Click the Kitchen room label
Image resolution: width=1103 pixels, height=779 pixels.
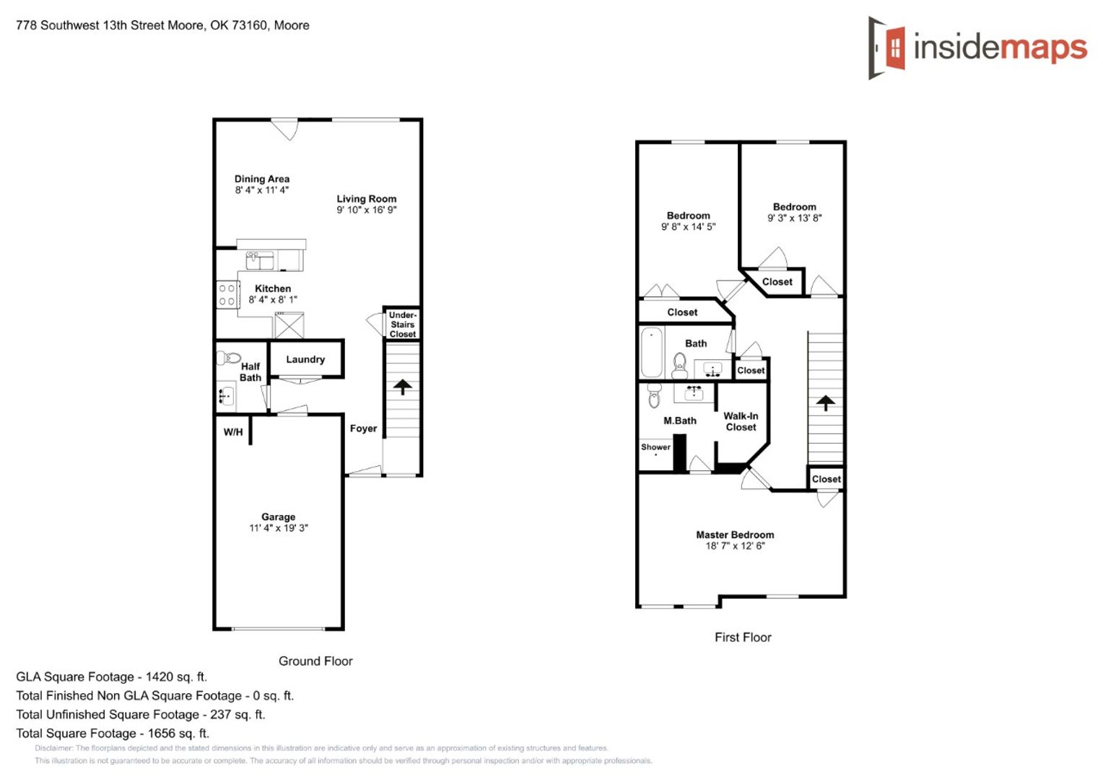pos(273,289)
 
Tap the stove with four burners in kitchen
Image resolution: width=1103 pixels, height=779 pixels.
pos(227,294)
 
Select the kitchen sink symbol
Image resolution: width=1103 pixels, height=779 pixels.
pos(260,261)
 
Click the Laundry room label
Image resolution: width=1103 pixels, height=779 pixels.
pos(305,360)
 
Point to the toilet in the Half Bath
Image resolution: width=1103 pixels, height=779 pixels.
pos(228,357)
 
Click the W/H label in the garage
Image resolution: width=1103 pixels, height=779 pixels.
pos(233,432)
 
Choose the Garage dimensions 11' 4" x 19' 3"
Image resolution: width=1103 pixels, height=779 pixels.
pos(279,528)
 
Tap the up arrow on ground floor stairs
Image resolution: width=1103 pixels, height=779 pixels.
pos(403,387)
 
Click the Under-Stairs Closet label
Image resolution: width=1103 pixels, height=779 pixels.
pos(403,325)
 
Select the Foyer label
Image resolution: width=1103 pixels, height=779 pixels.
pos(363,428)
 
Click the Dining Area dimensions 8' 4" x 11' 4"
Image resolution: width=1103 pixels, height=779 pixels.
pos(262,190)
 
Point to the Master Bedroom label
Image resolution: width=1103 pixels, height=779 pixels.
pos(735,535)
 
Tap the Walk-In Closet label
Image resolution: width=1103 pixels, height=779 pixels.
pos(741,422)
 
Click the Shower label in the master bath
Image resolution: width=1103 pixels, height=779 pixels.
pos(655,446)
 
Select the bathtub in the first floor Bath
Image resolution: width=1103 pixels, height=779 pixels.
pos(652,352)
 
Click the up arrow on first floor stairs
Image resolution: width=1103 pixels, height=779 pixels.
pos(826,403)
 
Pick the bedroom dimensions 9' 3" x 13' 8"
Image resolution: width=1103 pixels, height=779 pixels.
pos(794,218)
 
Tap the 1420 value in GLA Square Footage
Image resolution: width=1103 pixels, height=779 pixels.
pos(159,677)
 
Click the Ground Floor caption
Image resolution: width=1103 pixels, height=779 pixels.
pos(315,661)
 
